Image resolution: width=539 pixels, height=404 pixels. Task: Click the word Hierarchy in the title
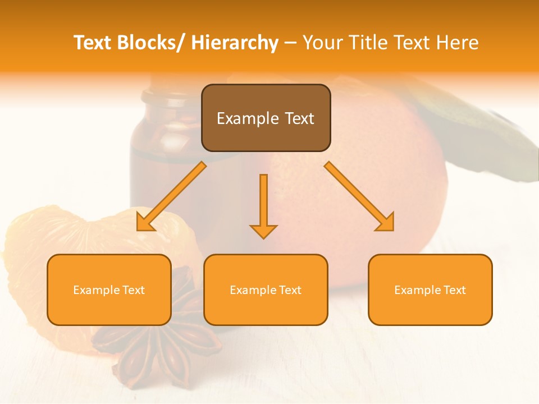(x=235, y=43)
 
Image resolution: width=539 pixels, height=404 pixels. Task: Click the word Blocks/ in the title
(x=151, y=43)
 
